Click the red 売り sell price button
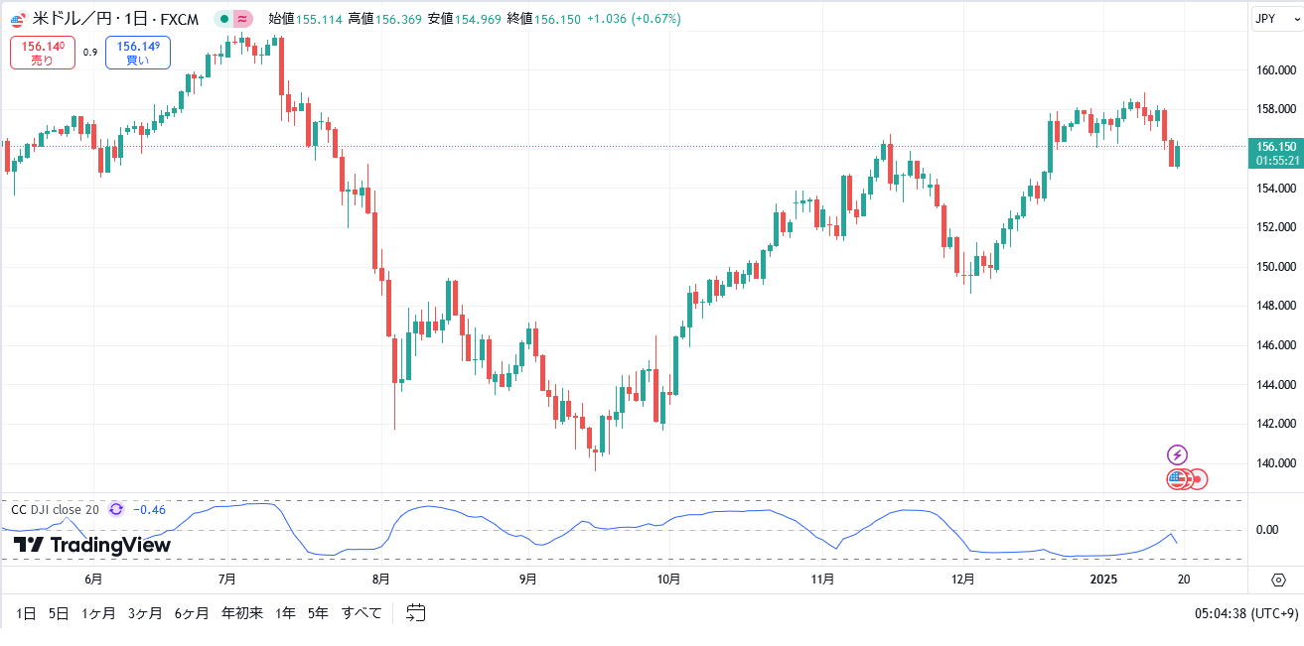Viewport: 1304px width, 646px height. click(x=43, y=53)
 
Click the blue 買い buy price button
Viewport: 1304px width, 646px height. click(x=137, y=53)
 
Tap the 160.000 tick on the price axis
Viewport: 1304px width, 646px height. click(x=1275, y=70)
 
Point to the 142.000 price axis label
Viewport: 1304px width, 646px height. click(x=1275, y=424)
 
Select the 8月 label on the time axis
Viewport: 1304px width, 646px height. click(x=379, y=580)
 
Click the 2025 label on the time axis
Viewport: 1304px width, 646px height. click(x=1103, y=580)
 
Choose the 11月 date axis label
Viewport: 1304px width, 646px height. click(x=821, y=580)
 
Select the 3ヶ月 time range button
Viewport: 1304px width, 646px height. click(x=145, y=613)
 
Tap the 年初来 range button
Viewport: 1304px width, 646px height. click(x=242, y=613)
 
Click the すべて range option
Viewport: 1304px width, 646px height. click(x=362, y=613)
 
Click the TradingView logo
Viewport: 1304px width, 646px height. click(x=92, y=545)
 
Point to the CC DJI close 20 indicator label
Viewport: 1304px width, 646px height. click(x=55, y=510)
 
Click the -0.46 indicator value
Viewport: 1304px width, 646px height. click(x=149, y=510)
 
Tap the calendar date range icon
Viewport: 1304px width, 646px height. click(x=416, y=613)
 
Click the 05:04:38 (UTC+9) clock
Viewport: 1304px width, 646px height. click(x=1245, y=613)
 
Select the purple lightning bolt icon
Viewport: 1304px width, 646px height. click(x=1177, y=454)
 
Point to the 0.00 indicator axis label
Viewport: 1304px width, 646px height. click(x=1267, y=530)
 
